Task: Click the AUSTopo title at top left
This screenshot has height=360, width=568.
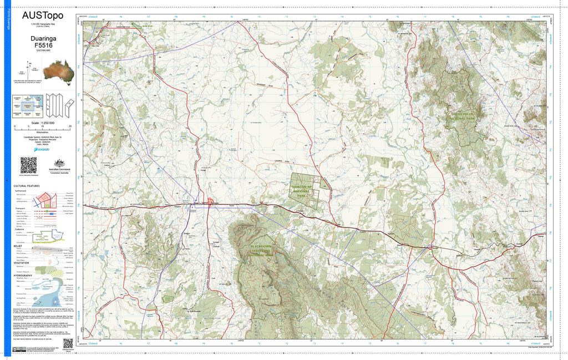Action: tap(42, 16)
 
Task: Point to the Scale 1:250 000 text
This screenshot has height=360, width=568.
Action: tap(43, 122)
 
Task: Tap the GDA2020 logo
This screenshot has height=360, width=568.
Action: tap(42, 149)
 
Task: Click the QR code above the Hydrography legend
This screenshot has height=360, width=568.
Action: tap(28, 165)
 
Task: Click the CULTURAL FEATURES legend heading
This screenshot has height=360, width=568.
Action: tap(27, 186)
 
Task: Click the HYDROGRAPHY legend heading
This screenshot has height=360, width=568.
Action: tap(24, 275)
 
